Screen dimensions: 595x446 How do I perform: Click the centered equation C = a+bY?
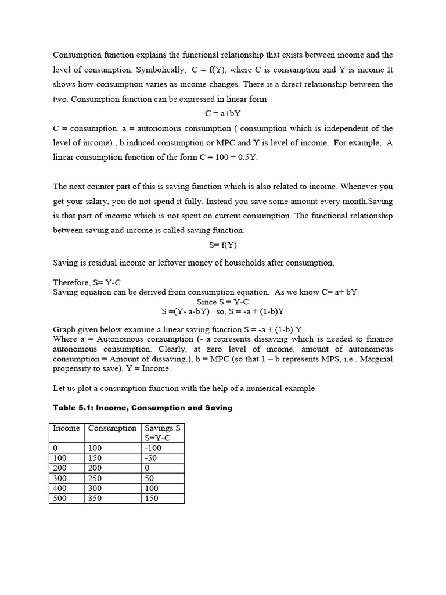[223, 113]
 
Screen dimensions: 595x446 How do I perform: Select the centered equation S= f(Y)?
[223, 245]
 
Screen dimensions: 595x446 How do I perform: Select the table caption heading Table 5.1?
[142, 408]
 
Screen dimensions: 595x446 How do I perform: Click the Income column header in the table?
[66, 428]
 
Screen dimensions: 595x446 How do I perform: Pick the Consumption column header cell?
[112, 428]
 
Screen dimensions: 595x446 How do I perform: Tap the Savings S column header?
[162, 428]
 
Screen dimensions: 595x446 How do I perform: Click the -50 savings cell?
[152, 458]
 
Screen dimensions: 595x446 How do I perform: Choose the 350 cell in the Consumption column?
[95, 498]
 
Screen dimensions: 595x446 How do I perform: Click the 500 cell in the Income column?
[59, 498]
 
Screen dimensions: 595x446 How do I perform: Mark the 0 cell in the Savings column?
[148, 468]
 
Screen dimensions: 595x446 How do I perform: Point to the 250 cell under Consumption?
[95, 478]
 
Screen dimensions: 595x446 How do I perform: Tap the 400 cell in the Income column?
[59, 488]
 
